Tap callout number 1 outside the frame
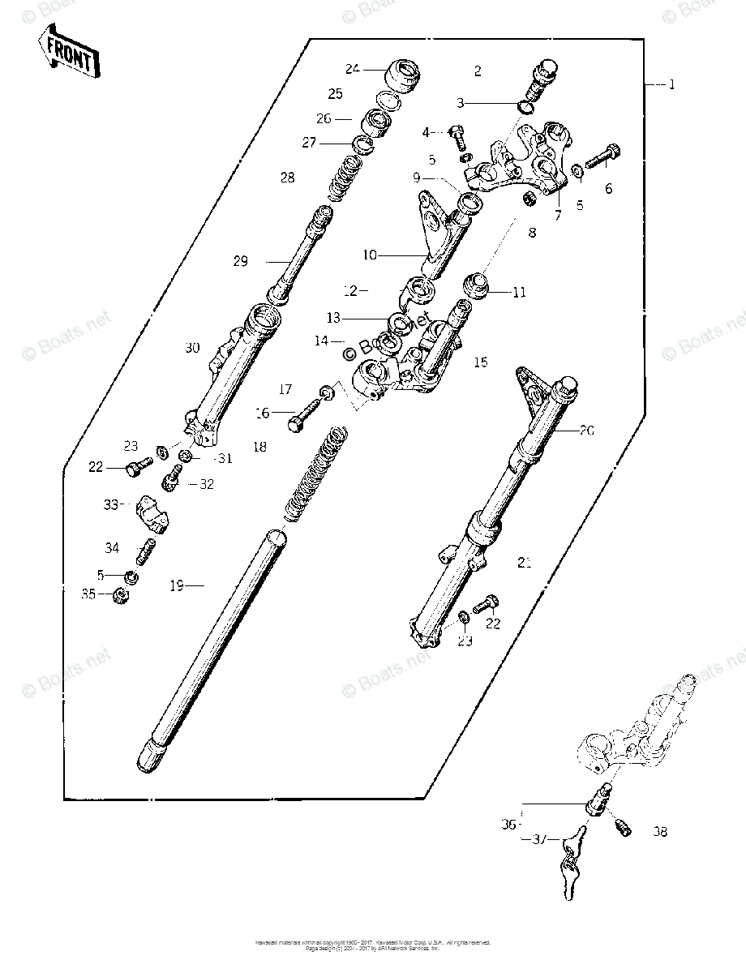(x=671, y=84)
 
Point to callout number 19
(x=177, y=585)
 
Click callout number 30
(x=191, y=348)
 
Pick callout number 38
(x=660, y=832)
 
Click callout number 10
(x=369, y=255)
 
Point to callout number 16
(x=262, y=413)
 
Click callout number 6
(x=608, y=189)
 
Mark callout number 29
(x=240, y=261)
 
